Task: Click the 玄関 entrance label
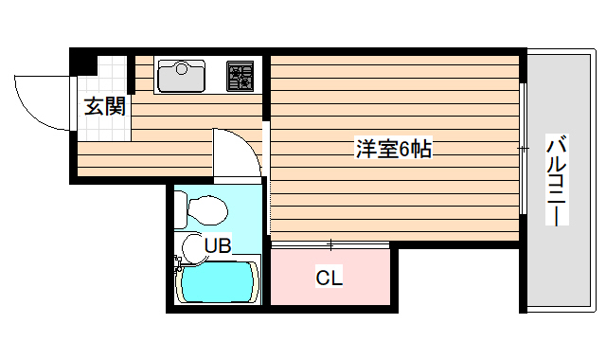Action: pyautogui.click(x=105, y=106)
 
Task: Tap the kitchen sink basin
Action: pyautogui.click(x=181, y=76)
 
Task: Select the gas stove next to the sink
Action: pyautogui.click(x=241, y=76)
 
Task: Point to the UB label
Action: pyautogui.click(x=218, y=246)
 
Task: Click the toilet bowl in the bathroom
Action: pyautogui.click(x=207, y=207)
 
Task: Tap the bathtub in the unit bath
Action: pyautogui.click(x=219, y=281)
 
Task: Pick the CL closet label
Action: pyautogui.click(x=329, y=278)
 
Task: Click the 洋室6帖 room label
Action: pyautogui.click(x=394, y=150)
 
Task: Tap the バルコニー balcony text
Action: pyautogui.click(x=558, y=180)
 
